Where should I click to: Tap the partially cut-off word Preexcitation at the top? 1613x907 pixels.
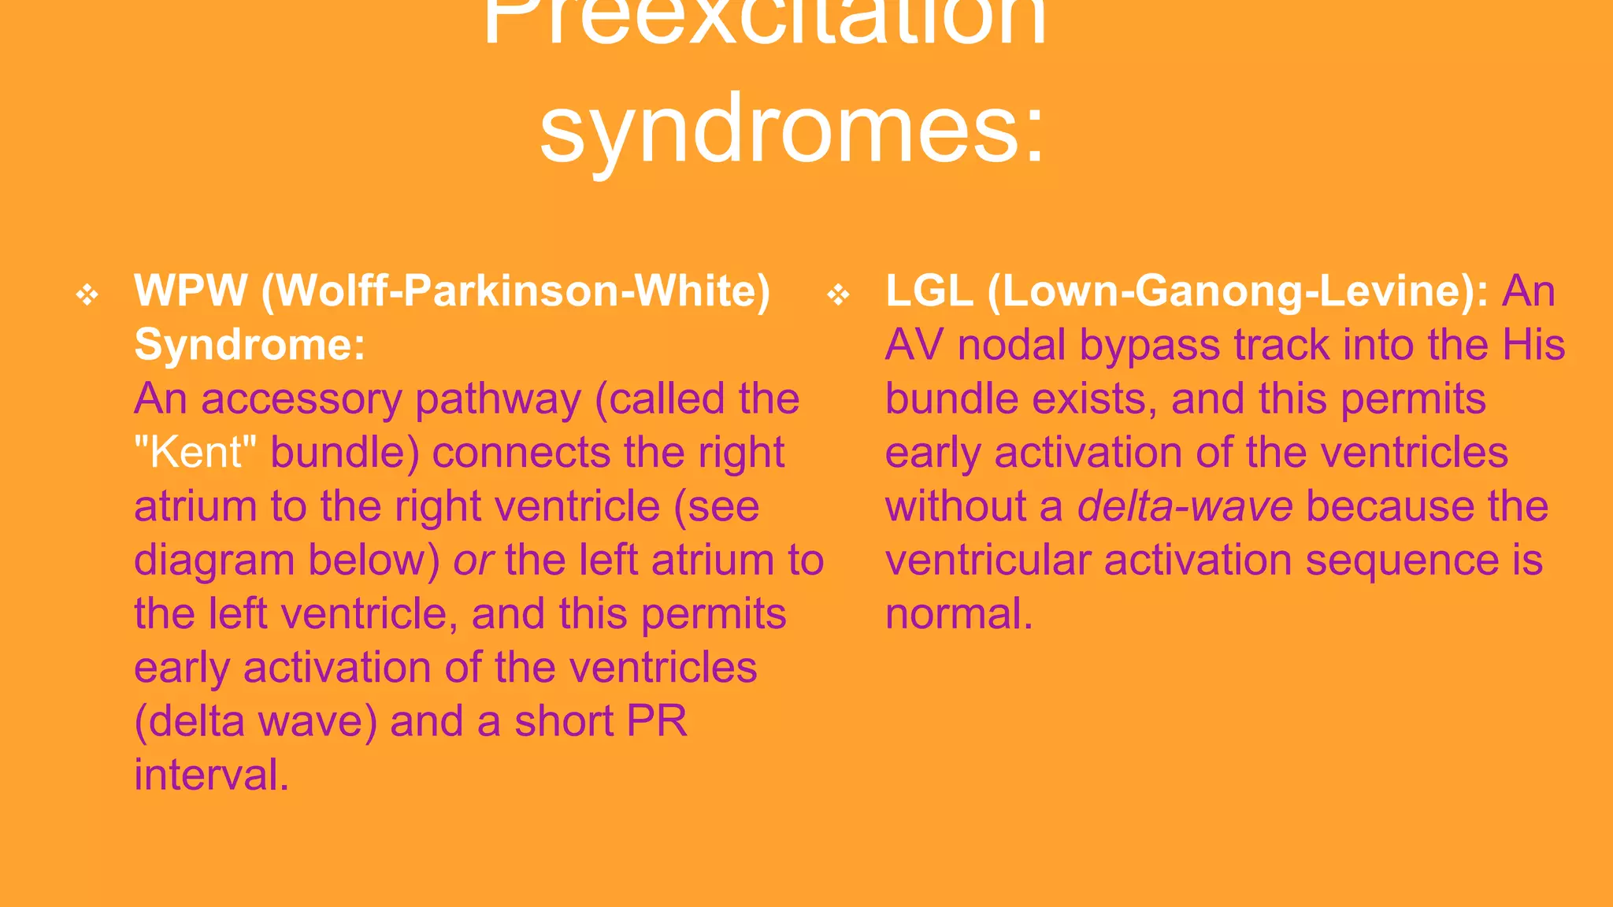pyautogui.click(x=764, y=20)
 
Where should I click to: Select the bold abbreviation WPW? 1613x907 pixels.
pyautogui.click(x=191, y=291)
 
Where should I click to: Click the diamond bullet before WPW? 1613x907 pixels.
pyautogui.click(x=87, y=295)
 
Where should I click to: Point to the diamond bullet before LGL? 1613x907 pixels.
pyautogui.click(x=839, y=295)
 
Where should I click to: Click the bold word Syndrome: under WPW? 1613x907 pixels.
pyautogui.click(x=250, y=345)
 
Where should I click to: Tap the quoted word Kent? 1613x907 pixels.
pyautogui.click(x=196, y=453)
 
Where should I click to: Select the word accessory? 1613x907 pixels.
pyautogui.click(x=302, y=399)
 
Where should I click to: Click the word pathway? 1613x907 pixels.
pyautogui.click(x=498, y=399)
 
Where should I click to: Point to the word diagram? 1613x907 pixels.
pyautogui.click(x=214, y=561)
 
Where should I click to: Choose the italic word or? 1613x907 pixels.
pyautogui.click(x=473, y=561)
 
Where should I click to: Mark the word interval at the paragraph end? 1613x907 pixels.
pyautogui.click(x=211, y=776)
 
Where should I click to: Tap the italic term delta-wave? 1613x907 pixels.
pyautogui.click(x=1185, y=506)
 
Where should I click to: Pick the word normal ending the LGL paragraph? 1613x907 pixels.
pyautogui.click(x=958, y=614)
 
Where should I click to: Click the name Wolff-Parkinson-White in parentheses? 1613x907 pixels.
pyautogui.click(x=515, y=291)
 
